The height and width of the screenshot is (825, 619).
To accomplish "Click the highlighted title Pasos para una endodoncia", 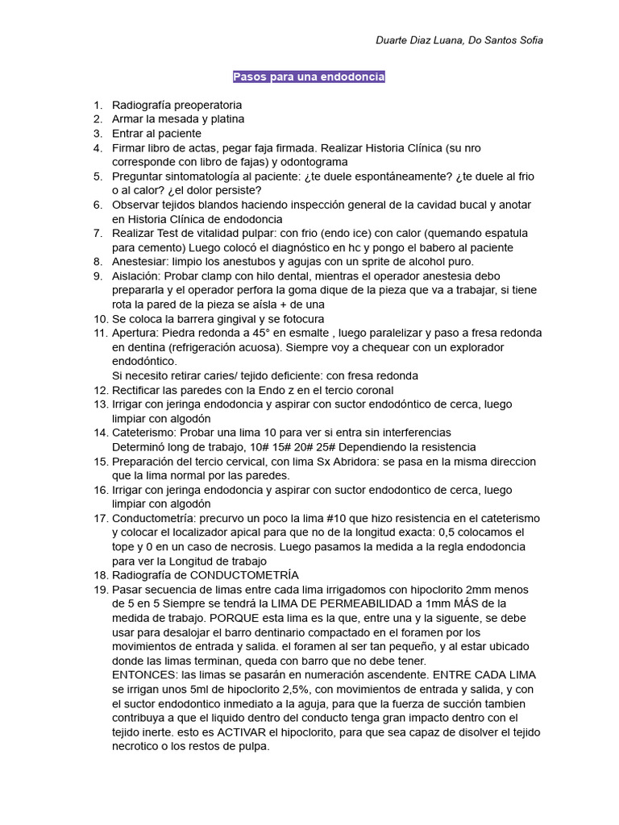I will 309,77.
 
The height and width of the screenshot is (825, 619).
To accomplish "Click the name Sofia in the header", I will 529,40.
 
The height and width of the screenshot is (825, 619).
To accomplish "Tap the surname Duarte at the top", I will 393,40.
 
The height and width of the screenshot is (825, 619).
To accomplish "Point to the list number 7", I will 98,233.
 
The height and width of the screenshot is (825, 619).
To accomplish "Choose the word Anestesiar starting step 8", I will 140,261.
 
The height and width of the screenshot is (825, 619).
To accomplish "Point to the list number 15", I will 100,461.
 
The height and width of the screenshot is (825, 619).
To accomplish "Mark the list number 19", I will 100,589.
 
